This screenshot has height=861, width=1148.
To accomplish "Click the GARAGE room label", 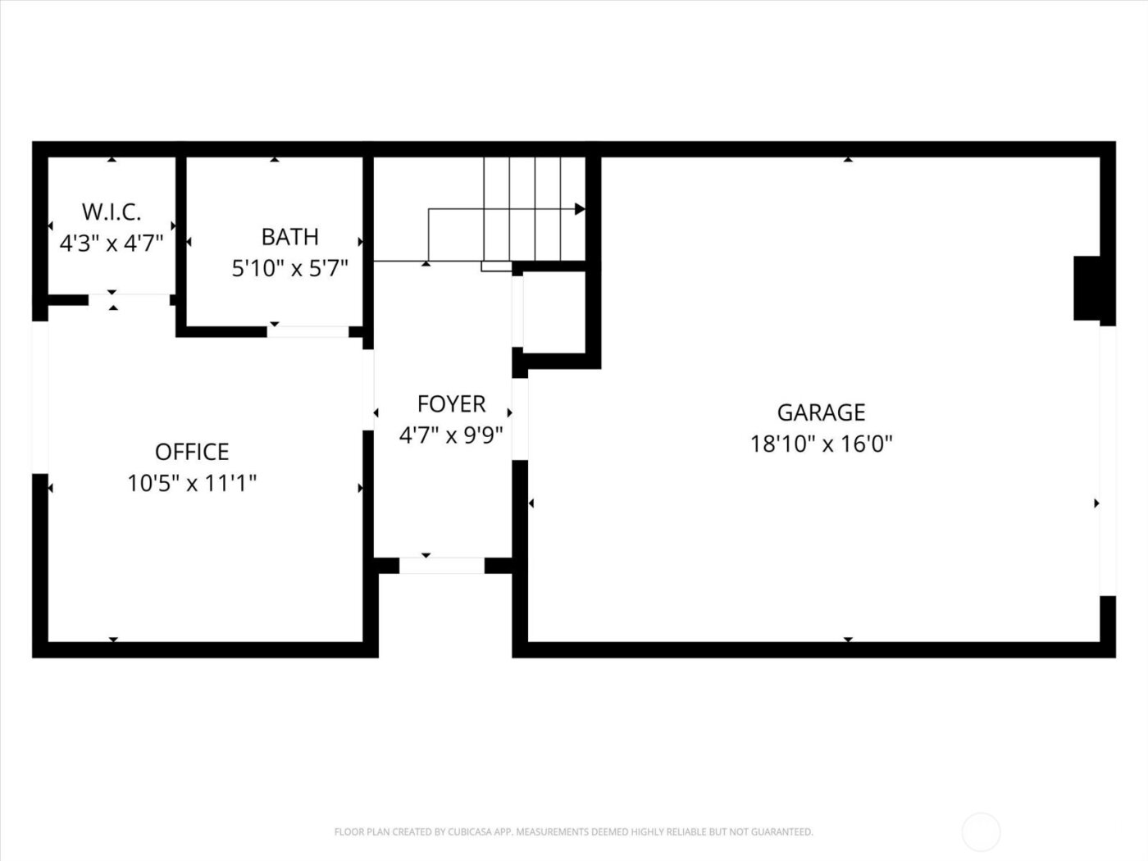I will click(821, 412).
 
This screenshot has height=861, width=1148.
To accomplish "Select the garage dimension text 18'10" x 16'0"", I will click(821, 444).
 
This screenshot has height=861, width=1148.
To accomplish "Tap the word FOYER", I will click(451, 403).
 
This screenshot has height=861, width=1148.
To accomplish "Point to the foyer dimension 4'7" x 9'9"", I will click(451, 435).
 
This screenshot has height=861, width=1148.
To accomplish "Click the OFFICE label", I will click(192, 452).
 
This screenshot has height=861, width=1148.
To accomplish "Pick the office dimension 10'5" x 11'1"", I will click(192, 483).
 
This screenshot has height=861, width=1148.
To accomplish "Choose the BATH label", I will click(289, 237).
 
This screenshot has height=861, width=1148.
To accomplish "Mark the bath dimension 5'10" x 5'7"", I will click(289, 268).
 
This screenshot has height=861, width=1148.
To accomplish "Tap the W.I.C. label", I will click(112, 212).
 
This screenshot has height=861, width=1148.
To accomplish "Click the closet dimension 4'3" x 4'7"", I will click(112, 243).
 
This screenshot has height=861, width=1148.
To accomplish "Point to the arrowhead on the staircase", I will click(580, 209).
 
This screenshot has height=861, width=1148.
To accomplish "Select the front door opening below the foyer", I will click(441, 565).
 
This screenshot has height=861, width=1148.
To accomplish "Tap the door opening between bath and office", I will click(308, 331).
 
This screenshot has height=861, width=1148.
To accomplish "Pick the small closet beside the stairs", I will click(553, 311).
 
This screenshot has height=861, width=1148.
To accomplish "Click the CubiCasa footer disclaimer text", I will click(573, 831).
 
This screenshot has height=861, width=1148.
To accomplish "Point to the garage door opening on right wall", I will click(1107, 460).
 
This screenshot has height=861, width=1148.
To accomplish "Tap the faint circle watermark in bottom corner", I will click(981, 831).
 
